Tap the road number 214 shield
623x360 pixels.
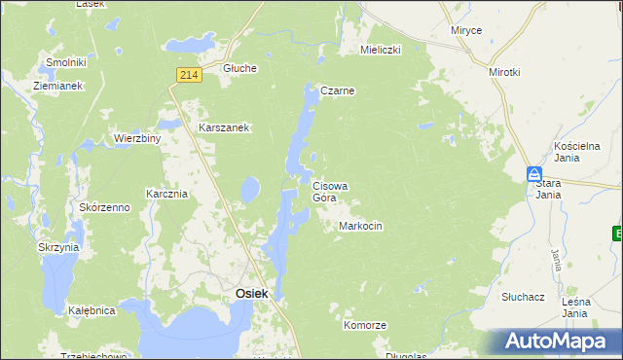coord(190,75)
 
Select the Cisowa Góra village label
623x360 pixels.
coord(330,191)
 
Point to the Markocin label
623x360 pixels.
coord(360,226)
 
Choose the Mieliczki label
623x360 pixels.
coord(381,49)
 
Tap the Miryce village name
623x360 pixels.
coord(466,31)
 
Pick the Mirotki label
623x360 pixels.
coord(505,72)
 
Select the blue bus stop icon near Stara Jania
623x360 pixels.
coord(534,174)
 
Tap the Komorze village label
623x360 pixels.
coord(365,325)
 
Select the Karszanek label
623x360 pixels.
coord(225,127)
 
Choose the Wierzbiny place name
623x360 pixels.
coord(137,138)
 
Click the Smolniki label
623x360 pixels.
coord(66,63)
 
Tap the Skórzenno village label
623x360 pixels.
coord(104,208)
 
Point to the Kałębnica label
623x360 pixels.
coord(92,311)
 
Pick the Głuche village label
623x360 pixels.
coord(239,68)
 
